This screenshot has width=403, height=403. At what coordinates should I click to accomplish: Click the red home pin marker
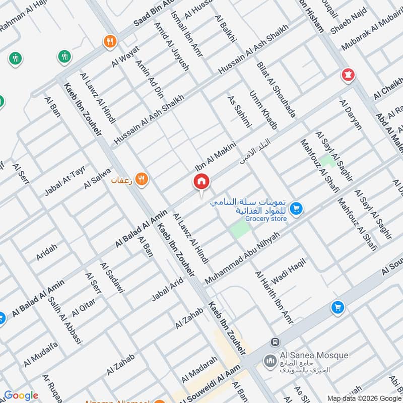pos(201,182)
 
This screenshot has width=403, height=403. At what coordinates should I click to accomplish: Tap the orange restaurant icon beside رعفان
pos(142,178)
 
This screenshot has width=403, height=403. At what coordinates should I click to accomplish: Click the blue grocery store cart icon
pos(297,208)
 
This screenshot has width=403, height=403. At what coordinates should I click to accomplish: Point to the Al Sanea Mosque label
pos(312,356)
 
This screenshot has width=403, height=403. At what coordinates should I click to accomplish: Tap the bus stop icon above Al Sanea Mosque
pos(275,342)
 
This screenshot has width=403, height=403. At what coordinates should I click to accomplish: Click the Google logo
pos(21,395)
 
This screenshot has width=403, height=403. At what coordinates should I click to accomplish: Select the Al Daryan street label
pos(351,114)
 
